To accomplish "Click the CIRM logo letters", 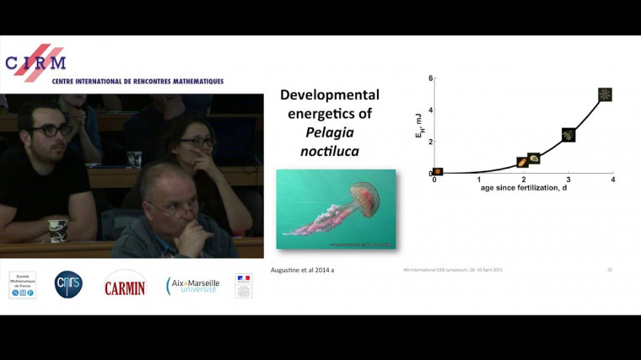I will (x=35, y=62).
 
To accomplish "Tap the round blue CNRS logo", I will (x=68, y=285).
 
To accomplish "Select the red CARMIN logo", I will (x=125, y=287).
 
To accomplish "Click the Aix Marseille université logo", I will (x=193, y=286).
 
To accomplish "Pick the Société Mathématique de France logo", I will (x=23, y=285).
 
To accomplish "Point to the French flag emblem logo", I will (x=244, y=285).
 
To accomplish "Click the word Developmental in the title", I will (x=330, y=95).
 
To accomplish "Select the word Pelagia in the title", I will (x=330, y=132).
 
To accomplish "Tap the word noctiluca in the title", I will (x=330, y=151).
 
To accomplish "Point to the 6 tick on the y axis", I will (x=430, y=78).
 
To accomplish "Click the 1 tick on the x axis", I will (x=479, y=180).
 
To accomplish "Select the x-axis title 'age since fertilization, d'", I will (x=523, y=189).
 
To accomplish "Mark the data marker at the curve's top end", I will (x=605, y=94).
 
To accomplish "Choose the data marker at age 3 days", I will (x=568, y=134).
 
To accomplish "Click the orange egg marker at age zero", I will (x=438, y=171).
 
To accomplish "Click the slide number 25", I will (x=609, y=270).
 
